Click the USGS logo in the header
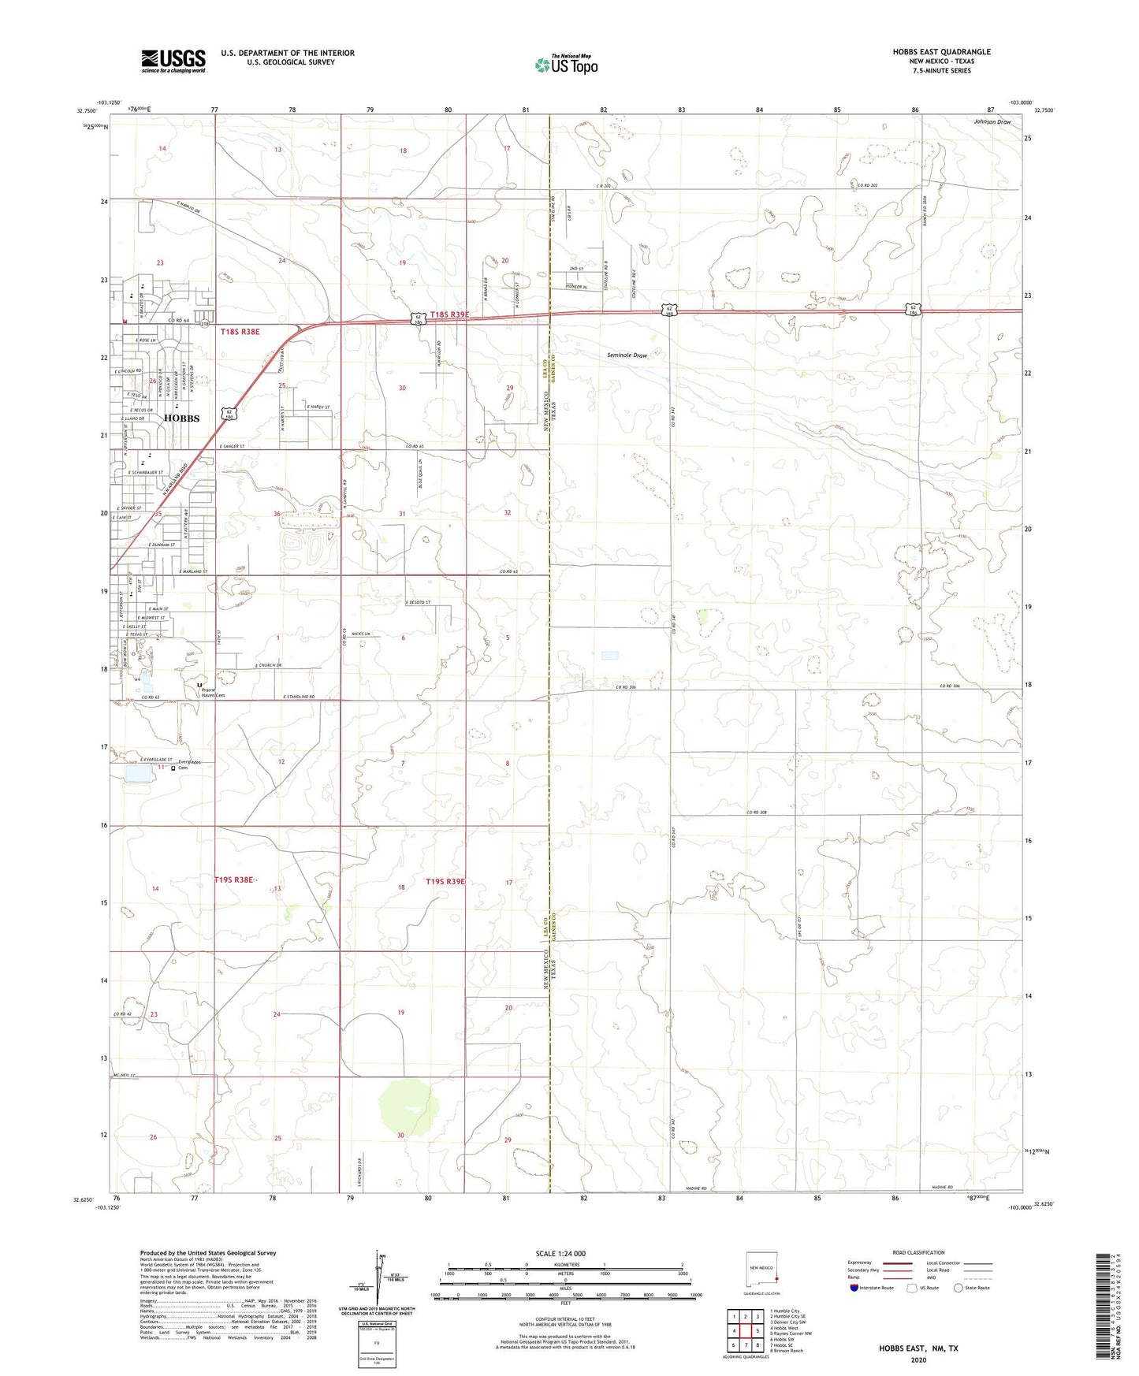pos(173,60)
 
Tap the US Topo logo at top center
pos(566,64)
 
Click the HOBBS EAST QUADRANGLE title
pos(941,52)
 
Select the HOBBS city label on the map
pos(181,418)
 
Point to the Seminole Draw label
pos(627,355)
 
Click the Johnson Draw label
pos(992,122)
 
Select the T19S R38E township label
pos(233,879)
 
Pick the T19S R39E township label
pos(445,881)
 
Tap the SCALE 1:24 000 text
pos(560,1254)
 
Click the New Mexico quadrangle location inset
pos(762,1269)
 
